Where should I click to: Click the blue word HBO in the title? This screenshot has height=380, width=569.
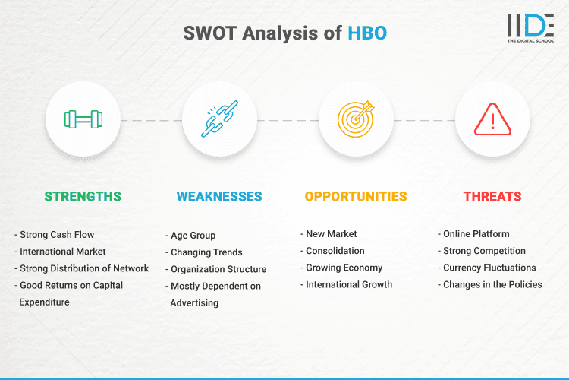368,34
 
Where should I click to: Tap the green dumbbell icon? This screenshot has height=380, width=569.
83,119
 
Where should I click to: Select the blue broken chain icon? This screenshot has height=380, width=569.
220,119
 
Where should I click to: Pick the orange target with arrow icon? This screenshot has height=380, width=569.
357,119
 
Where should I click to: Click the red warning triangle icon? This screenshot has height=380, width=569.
492,119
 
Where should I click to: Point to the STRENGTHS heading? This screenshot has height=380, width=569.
83,196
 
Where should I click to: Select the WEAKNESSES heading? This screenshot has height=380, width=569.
219,196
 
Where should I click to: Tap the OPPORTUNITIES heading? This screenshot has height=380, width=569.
356,196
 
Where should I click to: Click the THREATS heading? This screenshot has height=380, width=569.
492,196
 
